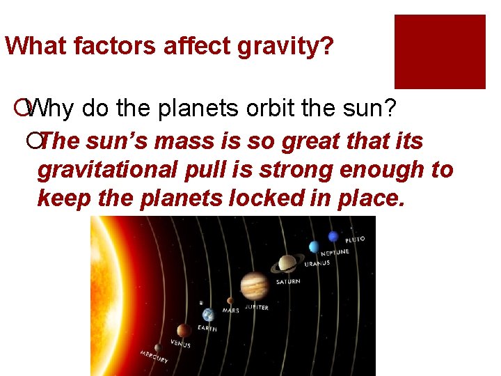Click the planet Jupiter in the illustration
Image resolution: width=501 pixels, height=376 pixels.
(x=255, y=285)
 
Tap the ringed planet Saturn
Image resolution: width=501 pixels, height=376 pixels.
(x=287, y=264)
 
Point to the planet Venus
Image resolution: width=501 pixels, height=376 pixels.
(x=184, y=330)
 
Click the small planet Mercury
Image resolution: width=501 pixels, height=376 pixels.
(x=158, y=347)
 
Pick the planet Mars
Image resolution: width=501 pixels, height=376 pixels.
(x=230, y=301)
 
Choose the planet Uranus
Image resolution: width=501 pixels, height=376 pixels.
(x=314, y=247)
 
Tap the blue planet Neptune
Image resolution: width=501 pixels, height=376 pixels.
(x=333, y=237)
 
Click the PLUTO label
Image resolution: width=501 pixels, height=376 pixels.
(x=355, y=240)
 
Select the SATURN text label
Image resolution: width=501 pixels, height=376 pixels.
(x=288, y=282)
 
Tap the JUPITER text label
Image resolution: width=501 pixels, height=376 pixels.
(x=255, y=308)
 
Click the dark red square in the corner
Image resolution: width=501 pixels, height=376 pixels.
(x=440, y=52)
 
